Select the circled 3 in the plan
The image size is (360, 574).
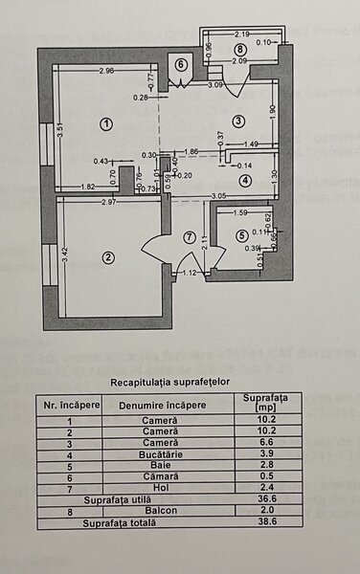click(238, 120)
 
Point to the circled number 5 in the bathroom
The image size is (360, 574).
click(241, 234)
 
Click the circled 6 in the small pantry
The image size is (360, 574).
click(181, 64)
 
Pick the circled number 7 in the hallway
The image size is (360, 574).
click(190, 237)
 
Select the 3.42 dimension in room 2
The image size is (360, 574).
click(63, 256)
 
